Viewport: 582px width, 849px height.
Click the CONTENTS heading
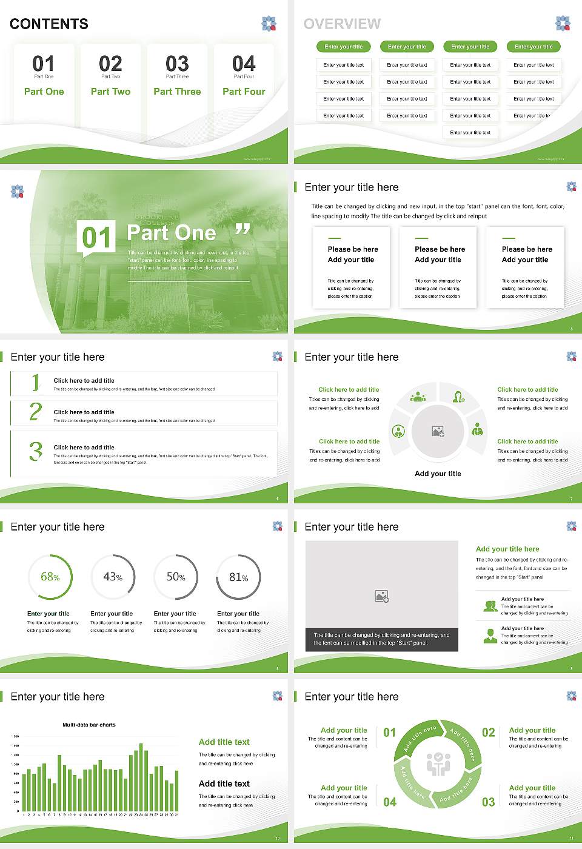[x=49, y=24]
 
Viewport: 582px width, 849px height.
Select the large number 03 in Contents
[x=177, y=64]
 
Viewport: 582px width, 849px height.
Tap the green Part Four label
[x=244, y=92]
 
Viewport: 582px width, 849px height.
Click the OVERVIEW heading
[x=342, y=24]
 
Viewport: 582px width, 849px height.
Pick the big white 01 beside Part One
[x=97, y=238]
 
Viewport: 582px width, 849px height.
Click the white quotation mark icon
[x=242, y=229]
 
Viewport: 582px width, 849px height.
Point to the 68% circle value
[x=50, y=577]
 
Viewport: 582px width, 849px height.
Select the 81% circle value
[x=238, y=577]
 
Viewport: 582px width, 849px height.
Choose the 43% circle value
[x=113, y=577]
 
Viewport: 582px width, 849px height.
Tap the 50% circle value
[x=176, y=577]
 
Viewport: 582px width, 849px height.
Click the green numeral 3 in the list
[x=36, y=451]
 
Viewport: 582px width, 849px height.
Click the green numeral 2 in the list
[x=36, y=412]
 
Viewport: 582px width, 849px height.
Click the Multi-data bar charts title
[x=89, y=725]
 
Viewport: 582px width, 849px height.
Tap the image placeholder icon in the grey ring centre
[x=438, y=432]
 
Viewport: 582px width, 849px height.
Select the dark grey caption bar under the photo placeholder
[x=381, y=639]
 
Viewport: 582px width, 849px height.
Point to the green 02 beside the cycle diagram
[x=488, y=733]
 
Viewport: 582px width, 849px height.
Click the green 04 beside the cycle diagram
[x=390, y=802]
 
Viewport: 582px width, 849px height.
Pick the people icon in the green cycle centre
[x=438, y=764]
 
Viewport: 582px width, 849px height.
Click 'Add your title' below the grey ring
[x=438, y=474]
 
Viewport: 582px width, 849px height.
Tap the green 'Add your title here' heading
[x=507, y=549]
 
